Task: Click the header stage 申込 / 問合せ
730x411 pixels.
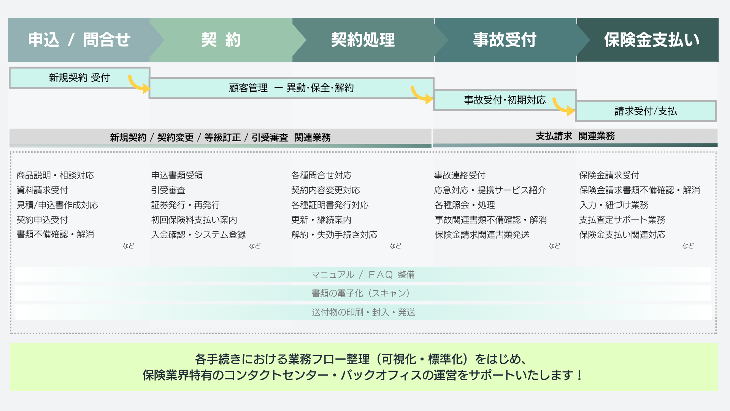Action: coord(79,40)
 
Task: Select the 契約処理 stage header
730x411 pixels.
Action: coord(363,40)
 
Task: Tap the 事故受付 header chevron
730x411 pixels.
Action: coord(505,40)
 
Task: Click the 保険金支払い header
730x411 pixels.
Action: coord(651,40)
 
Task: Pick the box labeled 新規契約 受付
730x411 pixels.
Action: coord(79,78)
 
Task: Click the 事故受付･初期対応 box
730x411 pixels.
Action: coord(505,100)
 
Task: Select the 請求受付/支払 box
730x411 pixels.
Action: coord(646,111)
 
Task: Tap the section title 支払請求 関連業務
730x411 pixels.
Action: coord(575,136)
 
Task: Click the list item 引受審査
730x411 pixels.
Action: coord(168,190)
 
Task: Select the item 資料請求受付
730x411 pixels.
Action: coord(42,190)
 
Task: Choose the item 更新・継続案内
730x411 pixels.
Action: coord(321,220)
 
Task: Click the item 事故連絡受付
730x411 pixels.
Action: coord(460,175)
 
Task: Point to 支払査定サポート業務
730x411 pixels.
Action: coord(622,220)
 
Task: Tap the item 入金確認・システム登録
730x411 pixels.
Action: coord(198,235)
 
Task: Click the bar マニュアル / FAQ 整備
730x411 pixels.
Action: coord(363,274)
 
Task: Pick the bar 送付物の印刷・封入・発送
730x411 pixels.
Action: coord(363,312)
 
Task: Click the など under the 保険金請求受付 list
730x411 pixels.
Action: coord(687,246)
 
